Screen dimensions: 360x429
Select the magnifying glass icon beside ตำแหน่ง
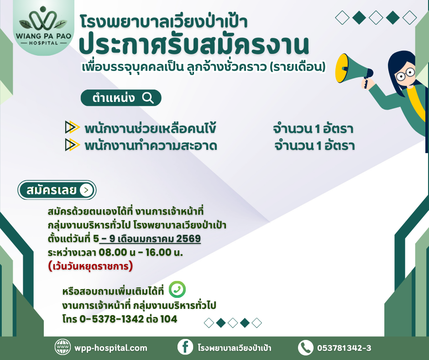coord(148,98)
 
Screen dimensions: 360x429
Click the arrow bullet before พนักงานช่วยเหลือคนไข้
coord(72,128)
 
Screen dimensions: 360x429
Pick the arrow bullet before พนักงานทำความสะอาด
coord(72,145)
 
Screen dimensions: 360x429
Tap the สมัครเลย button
coord(57,190)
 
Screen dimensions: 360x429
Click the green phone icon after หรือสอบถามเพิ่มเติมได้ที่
coord(177,290)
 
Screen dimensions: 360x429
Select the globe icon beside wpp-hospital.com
coord(62,348)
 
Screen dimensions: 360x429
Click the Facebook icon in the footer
coord(185,348)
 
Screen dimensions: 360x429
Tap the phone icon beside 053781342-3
coord(305,348)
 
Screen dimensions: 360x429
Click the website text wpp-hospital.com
coord(110,348)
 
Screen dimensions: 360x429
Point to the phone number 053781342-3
coord(344,348)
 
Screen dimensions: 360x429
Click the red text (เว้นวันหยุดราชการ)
coord(90,266)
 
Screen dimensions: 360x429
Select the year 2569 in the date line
coord(188,239)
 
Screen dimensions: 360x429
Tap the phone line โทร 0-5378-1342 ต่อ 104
coord(119,319)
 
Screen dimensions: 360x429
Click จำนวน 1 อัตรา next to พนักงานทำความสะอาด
coord(314,146)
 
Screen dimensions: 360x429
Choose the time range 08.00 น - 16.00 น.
coord(144,252)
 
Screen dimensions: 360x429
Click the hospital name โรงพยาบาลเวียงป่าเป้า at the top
coord(164,21)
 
